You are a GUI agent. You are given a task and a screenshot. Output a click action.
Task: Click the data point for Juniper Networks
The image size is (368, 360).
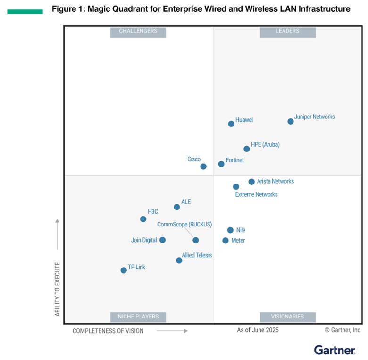[x=291, y=121]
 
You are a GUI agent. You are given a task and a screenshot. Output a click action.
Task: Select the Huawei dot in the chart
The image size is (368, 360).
[x=231, y=124]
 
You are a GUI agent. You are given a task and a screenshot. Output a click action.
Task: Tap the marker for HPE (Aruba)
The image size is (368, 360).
[x=247, y=149]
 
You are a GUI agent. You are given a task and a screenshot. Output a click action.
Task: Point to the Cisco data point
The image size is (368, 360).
[x=203, y=166]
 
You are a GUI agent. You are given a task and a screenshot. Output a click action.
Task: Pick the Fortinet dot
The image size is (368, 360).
[x=221, y=164]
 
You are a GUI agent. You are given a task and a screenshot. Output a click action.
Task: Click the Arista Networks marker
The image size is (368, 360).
[x=251, y=182]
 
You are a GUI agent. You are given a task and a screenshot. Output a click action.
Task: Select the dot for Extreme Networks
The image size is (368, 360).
[x=236, y=187]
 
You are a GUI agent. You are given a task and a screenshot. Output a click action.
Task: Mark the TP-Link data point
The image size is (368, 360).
[x=124, y=270]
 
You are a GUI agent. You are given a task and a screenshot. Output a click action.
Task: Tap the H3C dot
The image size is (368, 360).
[x=143, y=219]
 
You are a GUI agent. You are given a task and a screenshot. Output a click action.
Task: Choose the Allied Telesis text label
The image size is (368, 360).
[x=197, y=255]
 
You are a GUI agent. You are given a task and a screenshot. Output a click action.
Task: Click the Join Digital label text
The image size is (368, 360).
[x=144, y=240]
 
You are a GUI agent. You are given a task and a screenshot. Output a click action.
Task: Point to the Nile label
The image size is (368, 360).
[x=241, y=230]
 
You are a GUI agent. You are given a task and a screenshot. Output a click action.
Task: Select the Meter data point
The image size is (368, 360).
[x=226, y=240]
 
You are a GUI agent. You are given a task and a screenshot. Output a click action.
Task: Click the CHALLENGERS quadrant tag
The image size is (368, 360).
[x=138, y=31]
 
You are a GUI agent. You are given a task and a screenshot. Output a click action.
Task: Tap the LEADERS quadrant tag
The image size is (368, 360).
[x=287, y=31]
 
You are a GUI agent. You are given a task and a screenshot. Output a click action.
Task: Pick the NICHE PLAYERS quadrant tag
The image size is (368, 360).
[x=138, y=316]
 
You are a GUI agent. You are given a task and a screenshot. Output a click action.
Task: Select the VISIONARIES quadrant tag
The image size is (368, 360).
[x=287, y=316]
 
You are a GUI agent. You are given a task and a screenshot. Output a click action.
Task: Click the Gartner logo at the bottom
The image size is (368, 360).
[x=335, y=350]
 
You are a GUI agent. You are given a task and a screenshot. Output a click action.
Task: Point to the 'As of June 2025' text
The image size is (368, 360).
[x=258, y=330]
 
